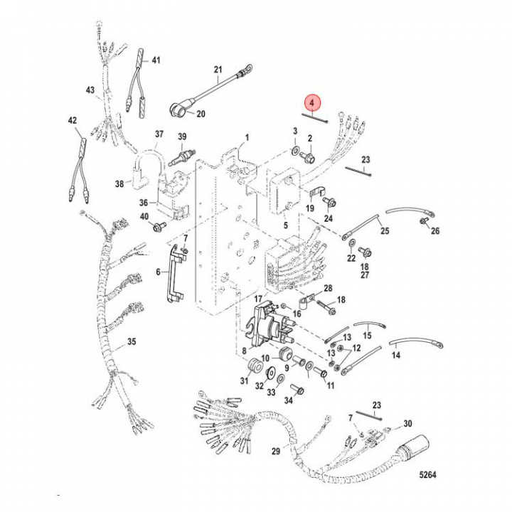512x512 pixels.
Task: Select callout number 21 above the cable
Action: coord(218,70)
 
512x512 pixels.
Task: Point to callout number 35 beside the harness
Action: coord(131,342)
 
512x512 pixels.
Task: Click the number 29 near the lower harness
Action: coord(276,451)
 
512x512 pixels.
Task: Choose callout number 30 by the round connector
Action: coord(407,424)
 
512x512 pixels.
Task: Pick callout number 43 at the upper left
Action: coord(90,90)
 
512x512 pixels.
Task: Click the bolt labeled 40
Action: coord(157,227)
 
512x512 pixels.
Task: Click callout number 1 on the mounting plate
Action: coord(247,137)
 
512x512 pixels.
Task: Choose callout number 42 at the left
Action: coord(71,121)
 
